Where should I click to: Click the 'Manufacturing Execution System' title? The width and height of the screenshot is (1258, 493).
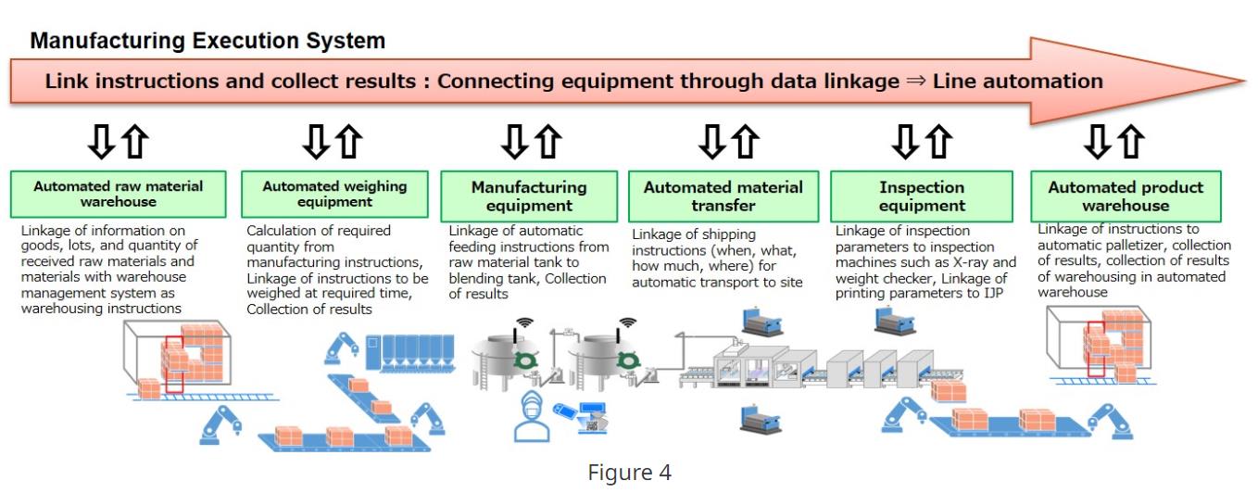208,41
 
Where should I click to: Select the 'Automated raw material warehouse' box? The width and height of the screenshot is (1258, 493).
119,194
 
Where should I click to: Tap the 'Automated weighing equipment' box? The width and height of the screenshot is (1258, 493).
334,194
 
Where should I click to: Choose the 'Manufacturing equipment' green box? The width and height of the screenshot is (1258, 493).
529,196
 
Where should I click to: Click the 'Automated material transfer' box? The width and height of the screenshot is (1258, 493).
723,196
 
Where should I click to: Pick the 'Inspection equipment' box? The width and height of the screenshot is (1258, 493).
922,196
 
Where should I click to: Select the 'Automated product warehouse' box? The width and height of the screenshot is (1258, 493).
1126,196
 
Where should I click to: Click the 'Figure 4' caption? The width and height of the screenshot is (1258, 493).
629,473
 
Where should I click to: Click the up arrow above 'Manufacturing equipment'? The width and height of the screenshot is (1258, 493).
548,142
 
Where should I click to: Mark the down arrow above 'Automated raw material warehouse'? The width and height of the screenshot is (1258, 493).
101,142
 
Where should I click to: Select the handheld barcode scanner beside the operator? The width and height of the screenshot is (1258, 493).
564,411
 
